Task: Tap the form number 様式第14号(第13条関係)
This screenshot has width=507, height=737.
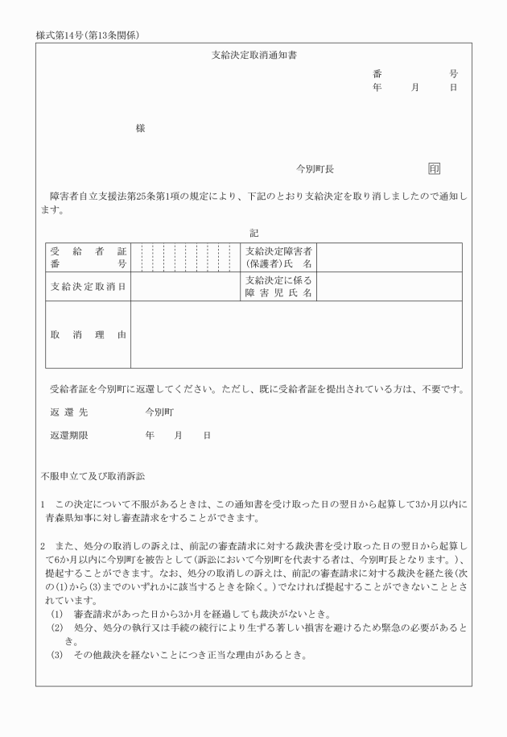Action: tap(88, 35)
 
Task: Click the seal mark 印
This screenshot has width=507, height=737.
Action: tap(435, 169)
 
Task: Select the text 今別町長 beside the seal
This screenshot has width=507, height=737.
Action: tap(315, 169)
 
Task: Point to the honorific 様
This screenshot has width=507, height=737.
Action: tap(140, 128)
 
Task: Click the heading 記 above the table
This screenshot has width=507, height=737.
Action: tap(253, 232)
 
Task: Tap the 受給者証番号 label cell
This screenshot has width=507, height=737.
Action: tap(88, 257)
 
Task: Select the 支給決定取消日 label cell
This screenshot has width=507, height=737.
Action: tap(88, 286)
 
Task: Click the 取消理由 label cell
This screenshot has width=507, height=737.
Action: tap(88, 333)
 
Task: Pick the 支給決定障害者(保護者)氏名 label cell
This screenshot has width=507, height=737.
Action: tap(279, 257)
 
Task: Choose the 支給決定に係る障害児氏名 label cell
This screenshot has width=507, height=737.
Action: tap(279, 286)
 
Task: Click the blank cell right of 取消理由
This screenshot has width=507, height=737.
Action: tap(296, 333)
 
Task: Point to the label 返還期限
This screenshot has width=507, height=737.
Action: tap(67, 435)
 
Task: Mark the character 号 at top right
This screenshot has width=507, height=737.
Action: tap(454, 73)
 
